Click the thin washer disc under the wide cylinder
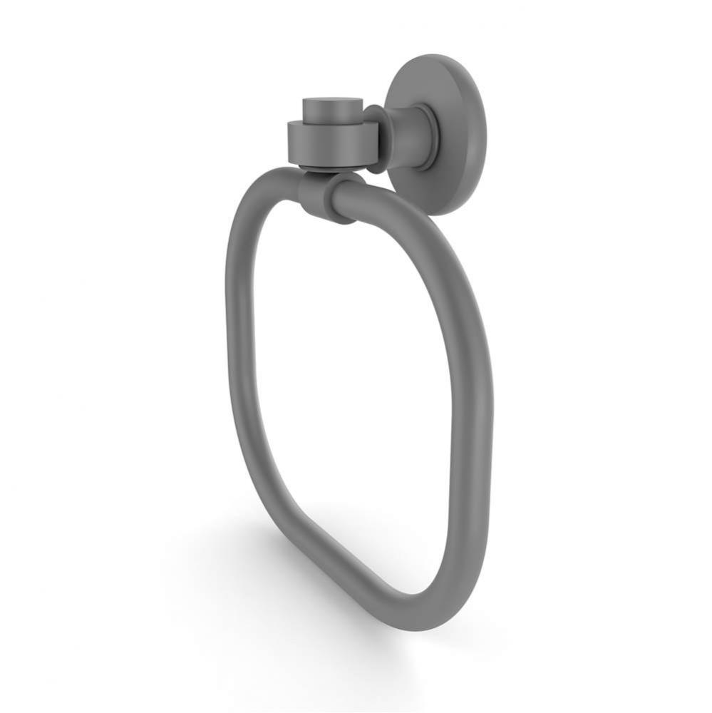(321, 168)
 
